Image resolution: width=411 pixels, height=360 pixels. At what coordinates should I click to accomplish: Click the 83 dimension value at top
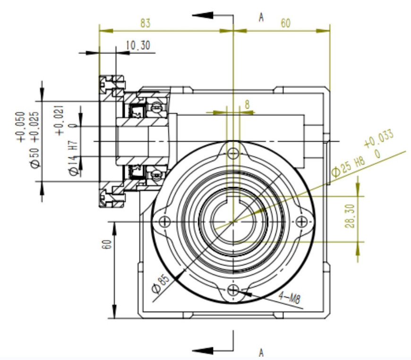(x=146, y=23)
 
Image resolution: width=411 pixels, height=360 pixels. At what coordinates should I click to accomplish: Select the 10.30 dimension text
(x=138, y=45)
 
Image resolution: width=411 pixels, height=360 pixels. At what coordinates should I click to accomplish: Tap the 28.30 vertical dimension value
(x=351, y=216)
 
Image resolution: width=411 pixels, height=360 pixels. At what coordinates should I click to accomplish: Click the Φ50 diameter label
(x=35, y=158)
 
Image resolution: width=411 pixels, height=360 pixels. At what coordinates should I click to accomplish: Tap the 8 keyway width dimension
(x=247, y=104)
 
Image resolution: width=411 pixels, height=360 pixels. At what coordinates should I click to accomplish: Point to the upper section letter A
(x=261, y=17)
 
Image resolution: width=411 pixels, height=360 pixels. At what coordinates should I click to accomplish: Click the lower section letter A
(x=261, y=352)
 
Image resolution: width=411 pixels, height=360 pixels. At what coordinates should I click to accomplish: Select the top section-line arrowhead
(x=203, y=15)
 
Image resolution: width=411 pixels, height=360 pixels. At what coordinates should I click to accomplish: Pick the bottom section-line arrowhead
(x=203, y=351)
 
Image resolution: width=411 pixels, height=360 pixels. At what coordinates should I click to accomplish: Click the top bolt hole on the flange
(x=233, y=154)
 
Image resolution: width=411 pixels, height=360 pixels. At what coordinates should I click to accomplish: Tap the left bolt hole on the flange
(x=164, y=222)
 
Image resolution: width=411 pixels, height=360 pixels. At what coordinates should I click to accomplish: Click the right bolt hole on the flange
(x=301, y=222)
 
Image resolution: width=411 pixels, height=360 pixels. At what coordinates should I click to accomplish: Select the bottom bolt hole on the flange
(x=233, y=290)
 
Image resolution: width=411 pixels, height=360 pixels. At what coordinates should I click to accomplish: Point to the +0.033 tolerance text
(x=379, y=139)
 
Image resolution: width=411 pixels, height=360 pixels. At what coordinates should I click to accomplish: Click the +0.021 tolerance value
(x=59, y=120)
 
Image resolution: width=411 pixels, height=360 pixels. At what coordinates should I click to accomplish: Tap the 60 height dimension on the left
(x=107, y=244)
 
